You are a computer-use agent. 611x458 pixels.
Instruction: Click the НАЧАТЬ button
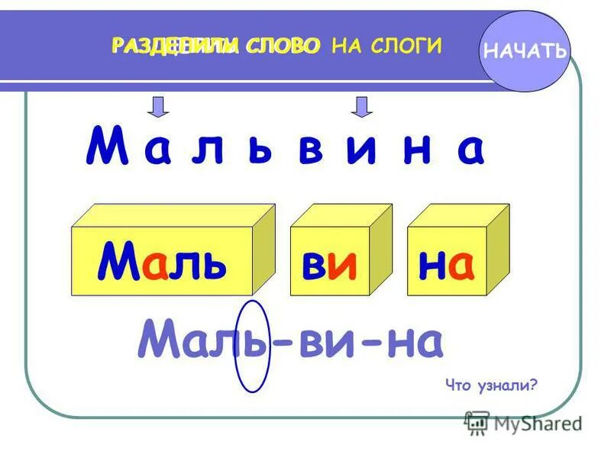coord(525,52)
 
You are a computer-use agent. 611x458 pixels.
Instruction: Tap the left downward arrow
coord(157,107)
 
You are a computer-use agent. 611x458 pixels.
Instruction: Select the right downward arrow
coord(362,107)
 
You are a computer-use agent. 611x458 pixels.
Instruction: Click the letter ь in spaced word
coord(258,150)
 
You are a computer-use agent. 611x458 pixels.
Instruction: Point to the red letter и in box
coord(344,264)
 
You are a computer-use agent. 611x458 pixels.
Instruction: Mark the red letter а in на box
coord(461,264)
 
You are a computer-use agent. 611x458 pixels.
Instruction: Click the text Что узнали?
coord(493,385)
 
